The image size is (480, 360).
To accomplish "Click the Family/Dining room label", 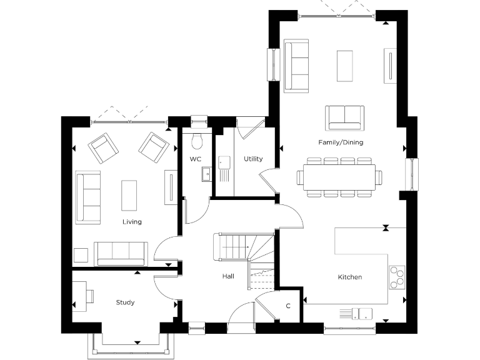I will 341,142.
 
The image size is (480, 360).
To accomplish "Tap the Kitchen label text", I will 350,277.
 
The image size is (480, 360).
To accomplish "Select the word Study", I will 125,302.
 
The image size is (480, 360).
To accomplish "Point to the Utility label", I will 253,159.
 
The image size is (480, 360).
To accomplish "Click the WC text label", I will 196,159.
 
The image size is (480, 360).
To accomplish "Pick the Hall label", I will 227,276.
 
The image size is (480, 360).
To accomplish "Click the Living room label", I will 132,222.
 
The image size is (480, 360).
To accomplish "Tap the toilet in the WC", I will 198,137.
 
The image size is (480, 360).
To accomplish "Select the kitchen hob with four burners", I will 397,278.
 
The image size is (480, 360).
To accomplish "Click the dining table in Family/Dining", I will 340,176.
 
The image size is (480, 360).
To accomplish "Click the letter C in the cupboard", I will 288,306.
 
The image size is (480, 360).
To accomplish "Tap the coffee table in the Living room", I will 129,195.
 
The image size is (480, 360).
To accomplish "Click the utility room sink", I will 224,163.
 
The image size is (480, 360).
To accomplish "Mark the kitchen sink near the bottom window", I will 357,312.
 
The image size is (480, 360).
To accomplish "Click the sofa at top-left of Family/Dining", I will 296,66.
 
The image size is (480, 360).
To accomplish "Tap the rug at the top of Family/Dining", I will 345,66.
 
